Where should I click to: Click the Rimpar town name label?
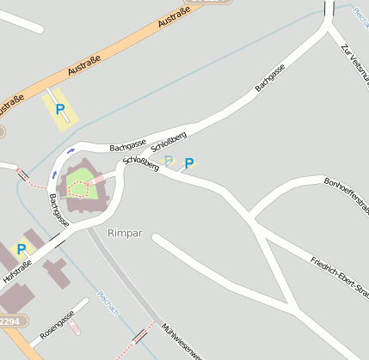click(124, 233)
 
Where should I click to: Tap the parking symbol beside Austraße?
click(60, 109)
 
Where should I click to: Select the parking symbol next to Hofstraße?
click(21, 249)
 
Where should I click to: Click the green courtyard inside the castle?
click(80, 181)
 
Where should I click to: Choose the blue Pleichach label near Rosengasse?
click(108, 303)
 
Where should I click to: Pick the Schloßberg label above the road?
click(169, 137)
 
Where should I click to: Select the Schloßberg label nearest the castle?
click(141, 162)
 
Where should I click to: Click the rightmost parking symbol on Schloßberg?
click(189, 162)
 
